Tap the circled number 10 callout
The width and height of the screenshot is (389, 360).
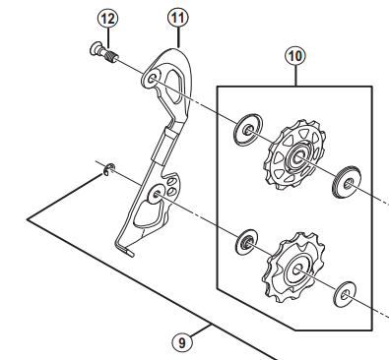pos(292,55)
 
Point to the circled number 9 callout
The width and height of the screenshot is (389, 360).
pos(182,342)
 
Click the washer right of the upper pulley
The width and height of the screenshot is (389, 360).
pos(346,179)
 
